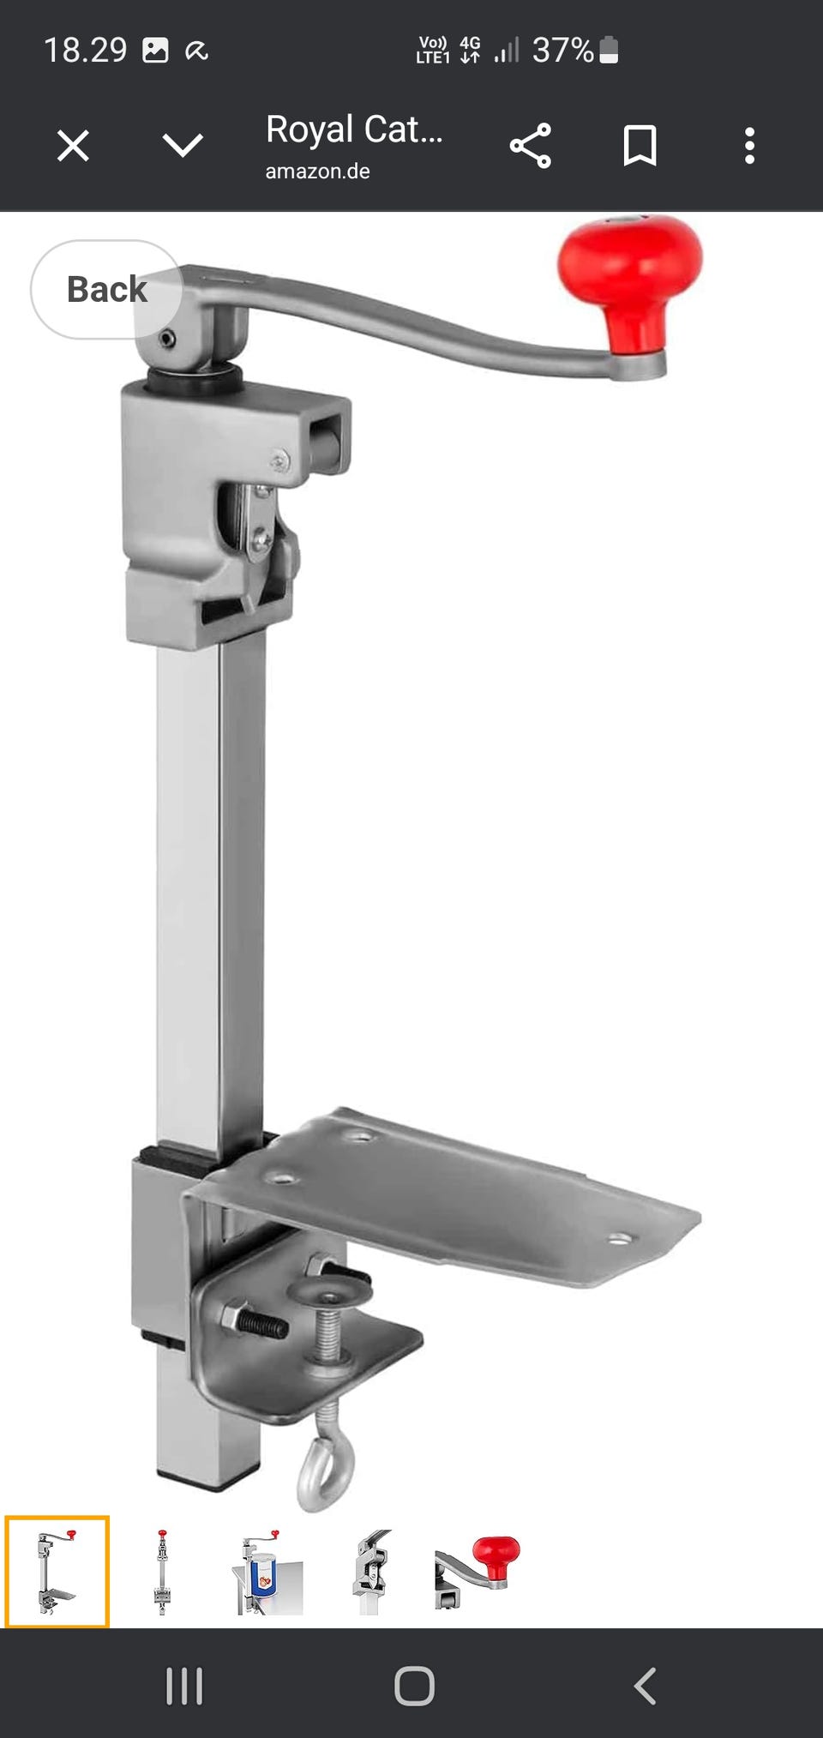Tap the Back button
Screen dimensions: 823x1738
coord(106,290)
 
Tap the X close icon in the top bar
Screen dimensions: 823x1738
coord(73,146)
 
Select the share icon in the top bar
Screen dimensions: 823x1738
coord(531,146)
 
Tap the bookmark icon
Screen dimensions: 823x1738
coord(640,146)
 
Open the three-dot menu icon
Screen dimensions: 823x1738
coord(749,146)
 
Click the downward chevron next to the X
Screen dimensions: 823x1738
coord(183,146)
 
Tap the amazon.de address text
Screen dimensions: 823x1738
coord(317,171)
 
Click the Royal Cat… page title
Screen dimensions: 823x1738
coord(354,129)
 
